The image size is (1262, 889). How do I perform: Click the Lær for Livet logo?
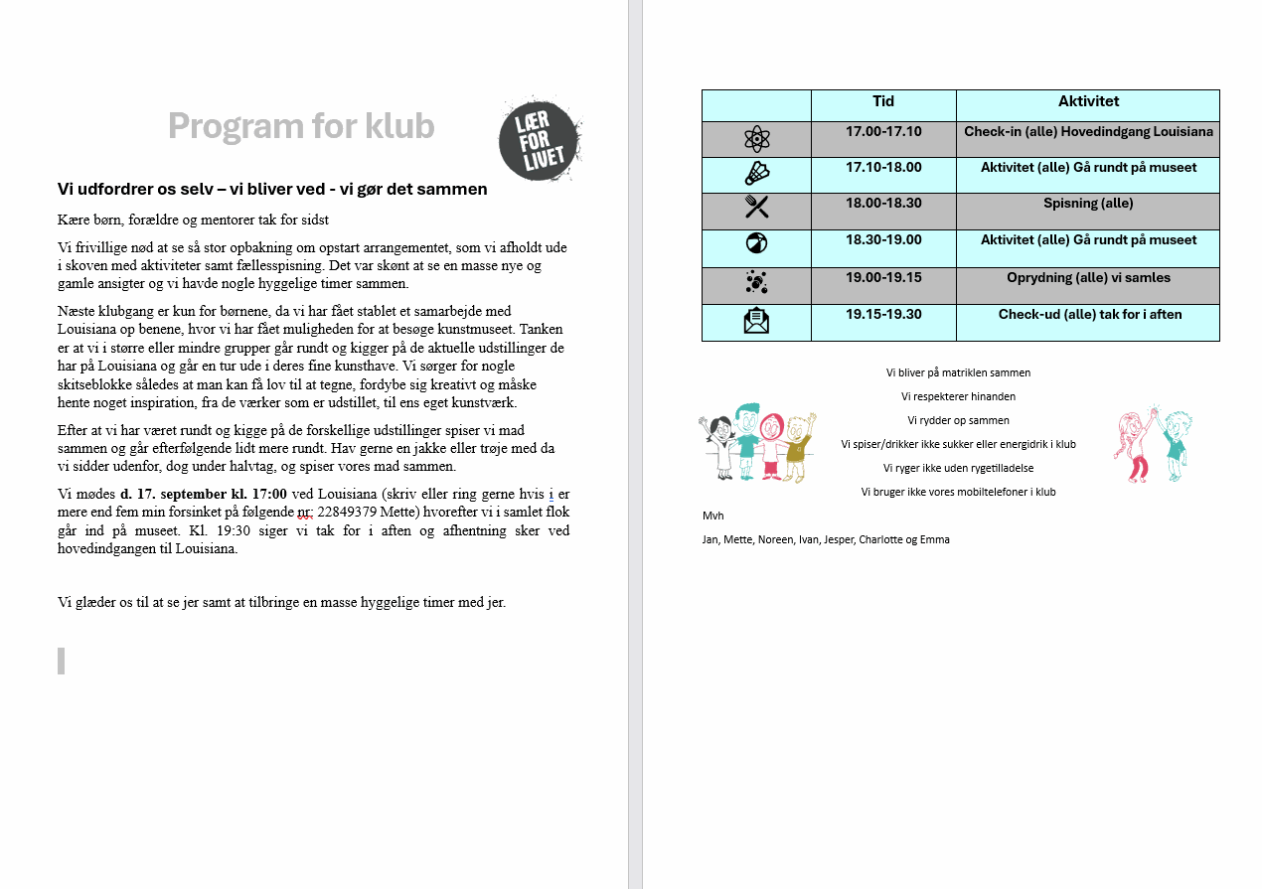coord(539,140)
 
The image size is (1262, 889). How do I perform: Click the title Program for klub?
coord(300,126)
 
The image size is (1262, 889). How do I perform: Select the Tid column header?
coord(883,101)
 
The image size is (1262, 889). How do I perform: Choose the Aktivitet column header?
coord(1088,101)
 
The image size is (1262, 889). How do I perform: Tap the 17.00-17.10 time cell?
coord(883,131)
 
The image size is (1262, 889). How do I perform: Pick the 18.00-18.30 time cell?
coord(883,204)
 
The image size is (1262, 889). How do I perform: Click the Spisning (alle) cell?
coord(1088,204)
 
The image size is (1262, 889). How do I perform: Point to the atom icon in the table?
coord(757,139)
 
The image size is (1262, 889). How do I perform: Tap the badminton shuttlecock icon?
coord(757,174)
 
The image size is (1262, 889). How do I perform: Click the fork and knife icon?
coord(757,207)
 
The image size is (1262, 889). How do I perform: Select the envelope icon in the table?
coord(757,321)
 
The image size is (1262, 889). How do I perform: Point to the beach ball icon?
coord(757,243)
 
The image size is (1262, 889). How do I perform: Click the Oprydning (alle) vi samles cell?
coord(1088,277)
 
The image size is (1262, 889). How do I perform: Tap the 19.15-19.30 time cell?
coord(883,314)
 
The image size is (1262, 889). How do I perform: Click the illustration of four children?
coord(757,443)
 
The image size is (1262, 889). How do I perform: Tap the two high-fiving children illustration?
coord(1154,445)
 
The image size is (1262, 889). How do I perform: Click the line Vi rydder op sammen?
coord(958,420)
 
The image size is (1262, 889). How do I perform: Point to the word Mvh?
coord(712,516)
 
